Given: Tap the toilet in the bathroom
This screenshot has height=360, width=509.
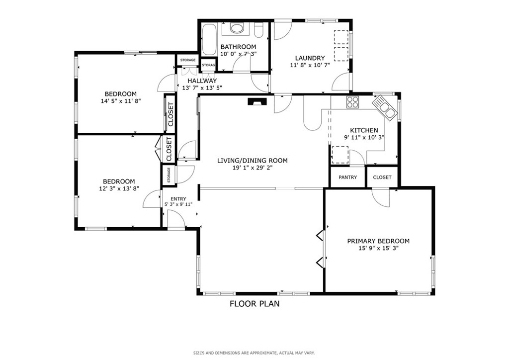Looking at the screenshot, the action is pos(258,30).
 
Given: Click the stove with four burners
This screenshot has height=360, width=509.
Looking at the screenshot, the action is pos(352,102).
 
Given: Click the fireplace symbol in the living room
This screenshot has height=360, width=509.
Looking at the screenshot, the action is pos(257,101).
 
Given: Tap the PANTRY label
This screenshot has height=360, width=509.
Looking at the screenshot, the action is pos(347,177).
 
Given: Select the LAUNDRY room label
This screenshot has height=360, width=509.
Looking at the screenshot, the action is pos(310,58).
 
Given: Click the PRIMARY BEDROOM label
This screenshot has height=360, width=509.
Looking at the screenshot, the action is pos(378,241).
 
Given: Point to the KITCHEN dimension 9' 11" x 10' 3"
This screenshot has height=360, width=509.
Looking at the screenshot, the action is pos(364,137).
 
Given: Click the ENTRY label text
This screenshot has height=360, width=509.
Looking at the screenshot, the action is pos(178,199).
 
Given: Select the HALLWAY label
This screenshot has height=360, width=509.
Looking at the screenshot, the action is pos(202,81).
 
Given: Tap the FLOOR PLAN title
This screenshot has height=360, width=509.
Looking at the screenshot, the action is pos(254,304).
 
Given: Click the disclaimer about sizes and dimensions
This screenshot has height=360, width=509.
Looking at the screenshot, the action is pos(254,353).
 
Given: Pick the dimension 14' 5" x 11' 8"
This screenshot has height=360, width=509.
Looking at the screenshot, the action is pos(121,101).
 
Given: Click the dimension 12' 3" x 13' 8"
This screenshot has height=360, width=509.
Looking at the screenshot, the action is pos(119,188).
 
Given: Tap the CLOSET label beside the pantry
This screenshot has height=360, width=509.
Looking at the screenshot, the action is pos(382,177).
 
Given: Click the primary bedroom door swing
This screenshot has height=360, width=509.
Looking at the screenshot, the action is pos(380,197).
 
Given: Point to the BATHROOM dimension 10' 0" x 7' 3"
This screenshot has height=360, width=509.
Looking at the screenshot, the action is pos(238,54).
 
